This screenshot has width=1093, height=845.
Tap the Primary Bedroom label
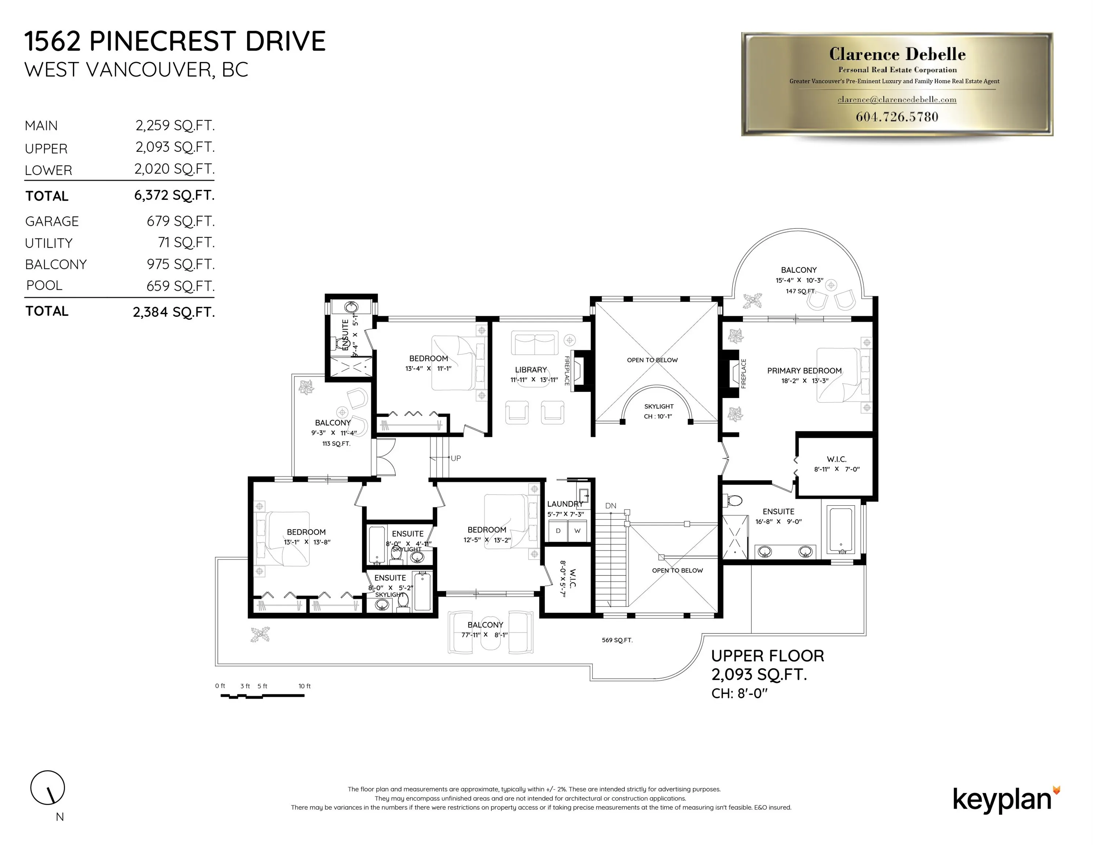point(804,370)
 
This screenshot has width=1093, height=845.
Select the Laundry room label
point(565,504)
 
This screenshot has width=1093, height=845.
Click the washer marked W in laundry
point(577,531)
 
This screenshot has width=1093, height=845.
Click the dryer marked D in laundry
point(558,531)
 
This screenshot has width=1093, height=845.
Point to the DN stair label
point(610,506)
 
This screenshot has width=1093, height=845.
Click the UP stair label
point(455,458)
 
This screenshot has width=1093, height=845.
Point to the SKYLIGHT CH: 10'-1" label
point(659,411)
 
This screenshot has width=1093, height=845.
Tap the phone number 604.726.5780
point(897,117)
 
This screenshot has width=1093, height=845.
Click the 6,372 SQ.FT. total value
point(174,195)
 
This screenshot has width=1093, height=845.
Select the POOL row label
point(44,285)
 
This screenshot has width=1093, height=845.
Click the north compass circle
point(48,787)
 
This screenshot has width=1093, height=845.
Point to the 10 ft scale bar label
point(304,686)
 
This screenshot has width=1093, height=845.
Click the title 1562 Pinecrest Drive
point(175,41)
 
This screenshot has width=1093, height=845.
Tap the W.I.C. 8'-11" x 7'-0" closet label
point(836,464)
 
